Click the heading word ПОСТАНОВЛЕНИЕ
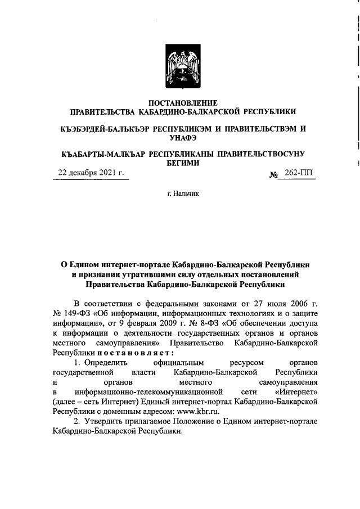coord(182,102)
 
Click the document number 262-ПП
coord(299,174)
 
